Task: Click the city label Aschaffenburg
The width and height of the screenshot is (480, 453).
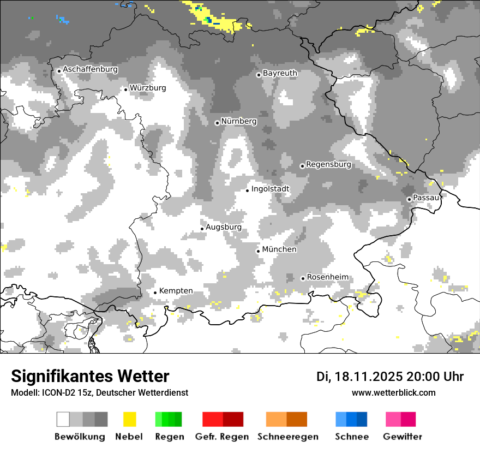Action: tap(90, 70)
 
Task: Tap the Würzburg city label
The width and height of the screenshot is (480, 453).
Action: tap(148, 88)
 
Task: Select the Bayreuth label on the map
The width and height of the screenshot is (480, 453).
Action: tap(280, 73)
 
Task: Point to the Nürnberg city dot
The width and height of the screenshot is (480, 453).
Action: tap(217, 123)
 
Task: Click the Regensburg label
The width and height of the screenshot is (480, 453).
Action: tap(328, 164)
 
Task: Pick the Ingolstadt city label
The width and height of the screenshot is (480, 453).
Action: tap(271, 189)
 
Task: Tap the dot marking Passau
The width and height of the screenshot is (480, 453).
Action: tap(409, 199)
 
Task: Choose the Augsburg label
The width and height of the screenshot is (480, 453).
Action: tap(224, 227)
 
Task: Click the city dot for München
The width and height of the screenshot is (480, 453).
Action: tap(259, 251)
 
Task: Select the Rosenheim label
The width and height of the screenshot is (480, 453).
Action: tap(327, 277)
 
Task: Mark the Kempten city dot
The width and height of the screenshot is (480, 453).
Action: tap(155, 293)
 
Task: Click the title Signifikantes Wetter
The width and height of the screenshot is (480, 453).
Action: tap(90, 377)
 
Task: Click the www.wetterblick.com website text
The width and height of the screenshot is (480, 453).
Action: tap(393, 393)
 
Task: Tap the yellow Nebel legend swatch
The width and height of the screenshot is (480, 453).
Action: tap(130, 419)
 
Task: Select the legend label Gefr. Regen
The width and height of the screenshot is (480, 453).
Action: tap(222, 437)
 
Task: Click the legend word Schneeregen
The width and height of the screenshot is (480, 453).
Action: tap(287, 437)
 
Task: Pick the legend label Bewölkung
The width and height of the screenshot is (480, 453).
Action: tap(80, 437)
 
